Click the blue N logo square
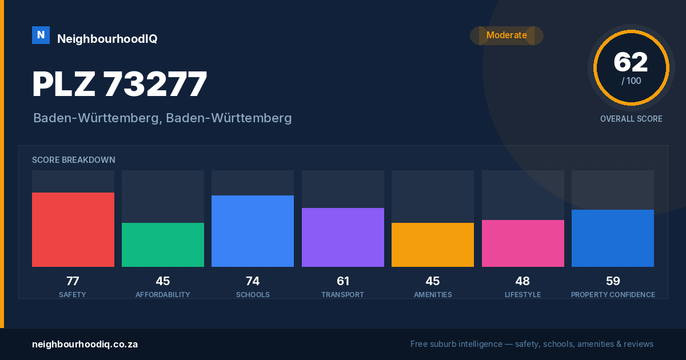click(x=41, y=35)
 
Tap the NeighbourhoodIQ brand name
click(x=107, y=39)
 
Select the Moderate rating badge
click(x=506, y=35)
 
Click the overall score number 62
click(x=631, y=62)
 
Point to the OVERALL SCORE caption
click(x=631, y=119)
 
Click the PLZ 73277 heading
click(x=119, y=83)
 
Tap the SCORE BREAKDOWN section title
click(x=74, y=160)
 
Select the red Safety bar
click(x=73, y=230)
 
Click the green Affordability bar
click(x=163, y=245)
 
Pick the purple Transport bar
click(x=343, y=237)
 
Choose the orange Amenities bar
click(x=433, y=245)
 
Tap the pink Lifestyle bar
click(x=523, y=243)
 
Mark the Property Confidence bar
click(x=613, y=238)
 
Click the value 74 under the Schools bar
click(x=253, y=281)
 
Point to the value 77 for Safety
click(x=73, y=281)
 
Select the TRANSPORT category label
click(x=342, y=294)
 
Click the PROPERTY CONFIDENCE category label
click(x=613, y=294)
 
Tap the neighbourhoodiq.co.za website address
click(x=85, y=345)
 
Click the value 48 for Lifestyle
click(x=523, y=281)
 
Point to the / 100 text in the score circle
click(x=631, y=81)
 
